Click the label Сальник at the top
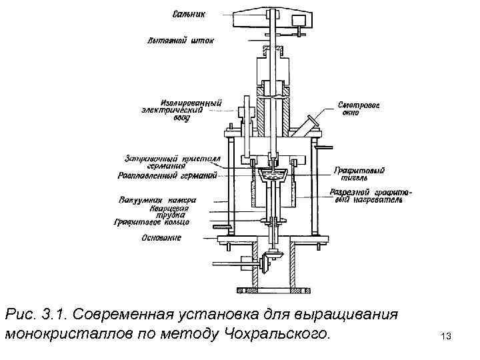coord(189,13)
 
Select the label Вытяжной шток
coord(181,41)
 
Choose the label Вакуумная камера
coord(157,199)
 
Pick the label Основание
coord(161,237)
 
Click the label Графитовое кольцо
coord(152,223)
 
